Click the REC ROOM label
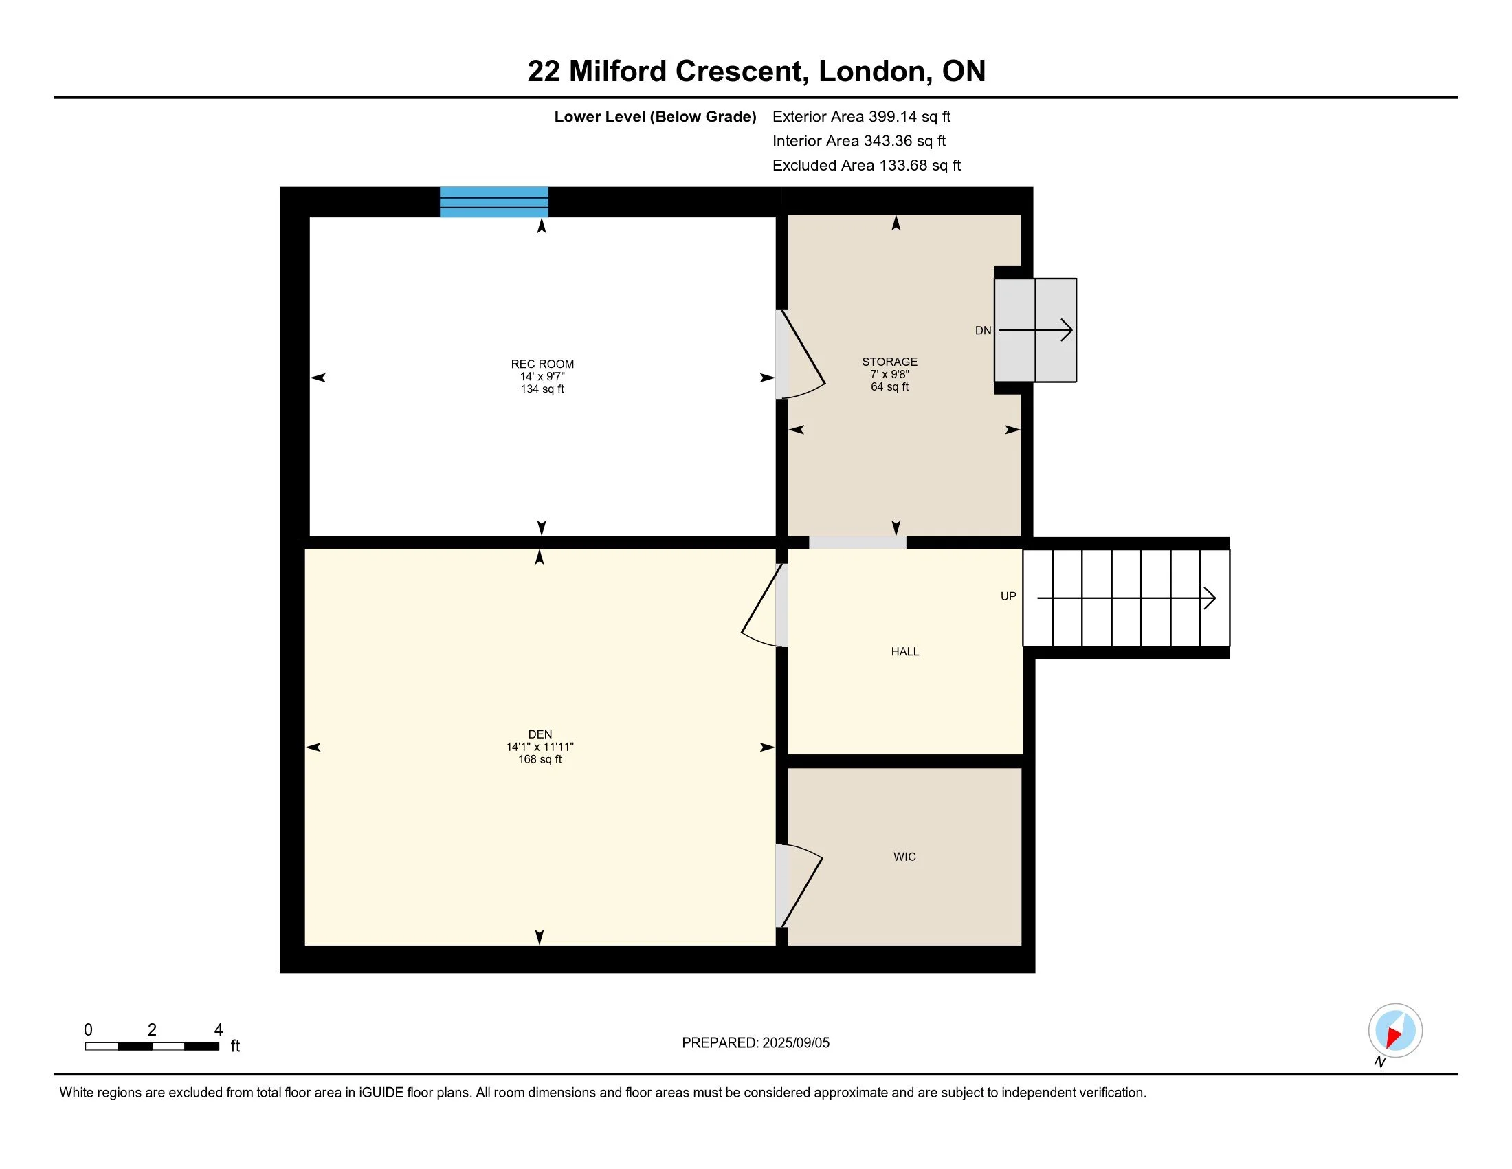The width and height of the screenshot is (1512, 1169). click(542, 364)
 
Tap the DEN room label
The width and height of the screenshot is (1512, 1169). click(540, 734)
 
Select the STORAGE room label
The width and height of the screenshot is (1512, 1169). click(889, 362)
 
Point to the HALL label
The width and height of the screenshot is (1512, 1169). click(905, 652)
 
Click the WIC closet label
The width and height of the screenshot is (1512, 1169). click(904, 857)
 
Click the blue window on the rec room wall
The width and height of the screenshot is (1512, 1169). click(494, 202)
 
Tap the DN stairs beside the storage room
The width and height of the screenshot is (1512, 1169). click(1035, 330)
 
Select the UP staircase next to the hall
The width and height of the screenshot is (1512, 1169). click(1126, 598)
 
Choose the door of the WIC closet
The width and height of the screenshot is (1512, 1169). click(799, 885)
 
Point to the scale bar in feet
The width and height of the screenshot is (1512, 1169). click(153, 1046)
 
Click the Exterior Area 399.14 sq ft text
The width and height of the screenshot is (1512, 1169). click(861, 117)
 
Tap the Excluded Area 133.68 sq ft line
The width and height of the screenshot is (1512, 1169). click(867, 166)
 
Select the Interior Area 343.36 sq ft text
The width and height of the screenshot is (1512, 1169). click(859, 141)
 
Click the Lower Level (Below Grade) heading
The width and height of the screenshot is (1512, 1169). click(655, 117)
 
